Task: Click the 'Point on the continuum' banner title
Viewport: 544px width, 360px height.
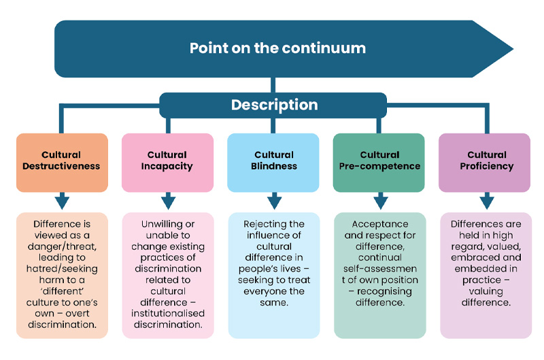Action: (277, 48)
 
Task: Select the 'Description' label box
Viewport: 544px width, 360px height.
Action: (274, 105)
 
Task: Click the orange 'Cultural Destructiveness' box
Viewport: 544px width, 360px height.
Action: (61, 161)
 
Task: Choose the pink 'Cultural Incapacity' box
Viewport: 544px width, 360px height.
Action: (167, 161)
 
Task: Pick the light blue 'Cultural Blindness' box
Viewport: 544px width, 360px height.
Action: (273, 161)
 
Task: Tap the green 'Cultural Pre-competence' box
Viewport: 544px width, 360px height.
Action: (379, 161)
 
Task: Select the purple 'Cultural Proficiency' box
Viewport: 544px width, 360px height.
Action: (485, 161)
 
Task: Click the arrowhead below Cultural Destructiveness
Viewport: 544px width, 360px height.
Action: (62, 201)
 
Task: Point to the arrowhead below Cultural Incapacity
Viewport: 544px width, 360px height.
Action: (168, 201)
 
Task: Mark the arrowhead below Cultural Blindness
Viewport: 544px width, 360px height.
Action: (274, 201)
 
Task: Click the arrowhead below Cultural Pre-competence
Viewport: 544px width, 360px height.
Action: (380, 201)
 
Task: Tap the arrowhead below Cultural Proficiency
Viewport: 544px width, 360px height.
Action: (486, 201)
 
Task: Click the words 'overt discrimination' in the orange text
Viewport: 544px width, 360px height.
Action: (61, 319)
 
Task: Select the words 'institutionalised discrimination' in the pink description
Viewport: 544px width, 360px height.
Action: (167, 319)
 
